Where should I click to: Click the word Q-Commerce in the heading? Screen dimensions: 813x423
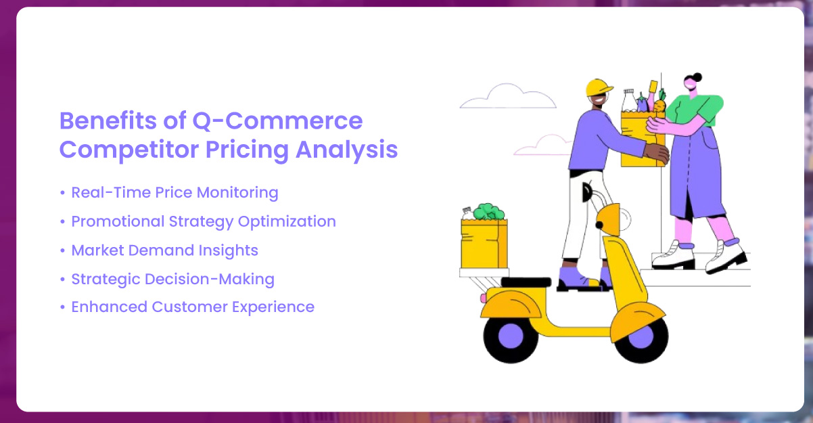click(x=278, y=121)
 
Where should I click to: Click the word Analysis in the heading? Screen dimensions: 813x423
click(x=346, y=150)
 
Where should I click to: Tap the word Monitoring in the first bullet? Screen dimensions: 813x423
click(x=237, y=193)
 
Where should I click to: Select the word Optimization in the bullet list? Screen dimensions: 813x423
click(x=287, y=222)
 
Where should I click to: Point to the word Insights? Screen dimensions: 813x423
click(x=229, y=250)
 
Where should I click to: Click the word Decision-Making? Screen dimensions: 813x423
click(x=210, y=280)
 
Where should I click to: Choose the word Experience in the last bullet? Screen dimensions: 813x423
click(x=273, y=307)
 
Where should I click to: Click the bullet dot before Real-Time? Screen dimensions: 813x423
click(x=62, y=193)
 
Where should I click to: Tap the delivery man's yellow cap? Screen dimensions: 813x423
click(x=599, y=87)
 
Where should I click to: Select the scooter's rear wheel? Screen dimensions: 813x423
click(x=511, y=336)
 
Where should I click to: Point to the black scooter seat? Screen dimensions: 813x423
click(x=526, y=282)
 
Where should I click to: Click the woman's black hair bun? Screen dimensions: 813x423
click(x=697, y=77)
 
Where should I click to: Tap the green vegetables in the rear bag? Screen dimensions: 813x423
click(x=488, y=212)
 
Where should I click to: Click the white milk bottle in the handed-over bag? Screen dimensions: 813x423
click(x=629, y=100)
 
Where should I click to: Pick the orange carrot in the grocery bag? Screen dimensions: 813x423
click(x=659, y=105)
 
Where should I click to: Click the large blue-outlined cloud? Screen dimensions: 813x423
click(x=508, y=96)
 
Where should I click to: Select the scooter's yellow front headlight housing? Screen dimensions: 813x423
click(x=609, y=219)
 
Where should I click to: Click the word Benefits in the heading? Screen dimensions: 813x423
click(x=108, y=121)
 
